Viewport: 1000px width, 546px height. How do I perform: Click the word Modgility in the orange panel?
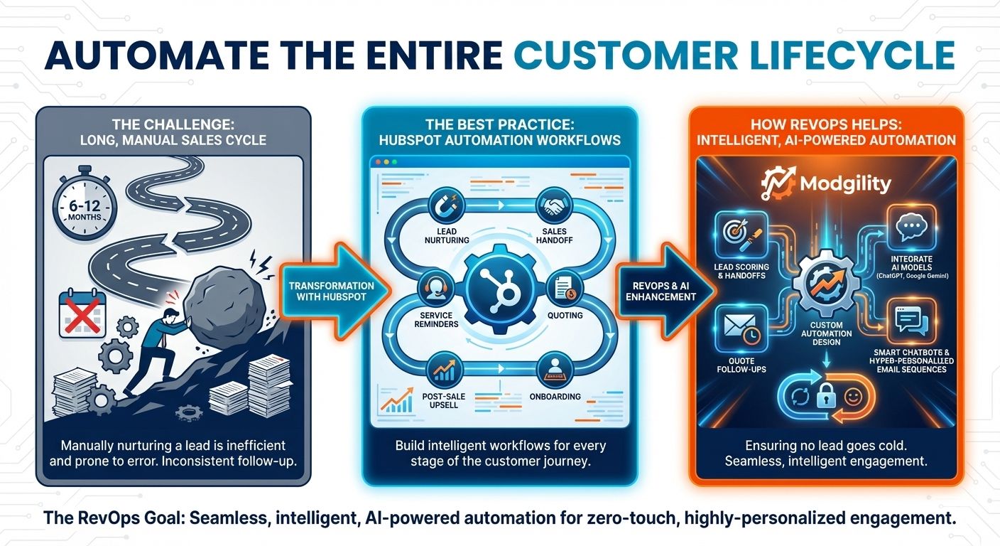click(x=844, y=184)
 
